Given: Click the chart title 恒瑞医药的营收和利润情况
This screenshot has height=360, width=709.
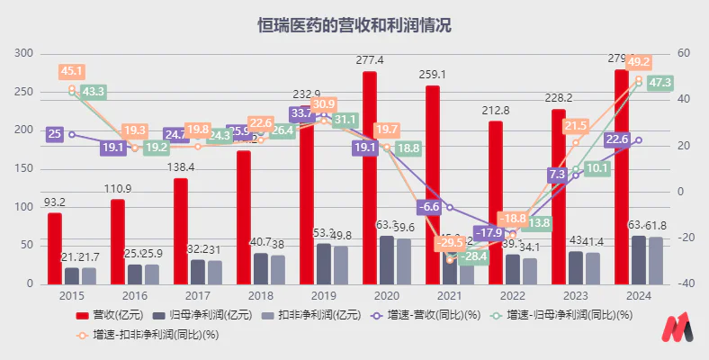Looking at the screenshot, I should click(x=354, y=25).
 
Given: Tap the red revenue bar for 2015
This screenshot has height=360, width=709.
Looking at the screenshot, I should click(x=55, y=247).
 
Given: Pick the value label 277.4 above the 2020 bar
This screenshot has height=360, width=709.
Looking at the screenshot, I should click(x=369, y=60).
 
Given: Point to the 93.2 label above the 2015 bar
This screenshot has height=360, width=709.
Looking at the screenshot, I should click(x=55, y=202).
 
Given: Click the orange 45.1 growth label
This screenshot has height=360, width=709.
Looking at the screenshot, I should click(x=72, y=71).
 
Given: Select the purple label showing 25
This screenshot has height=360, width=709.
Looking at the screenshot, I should click(x=54, y=134).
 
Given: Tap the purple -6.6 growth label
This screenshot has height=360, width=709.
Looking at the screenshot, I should click(x=431, y=207).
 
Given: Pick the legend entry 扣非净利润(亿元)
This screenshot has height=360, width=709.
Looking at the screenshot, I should click(x=312, y=316).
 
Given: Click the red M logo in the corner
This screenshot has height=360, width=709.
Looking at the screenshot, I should click(x=677, y=329).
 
